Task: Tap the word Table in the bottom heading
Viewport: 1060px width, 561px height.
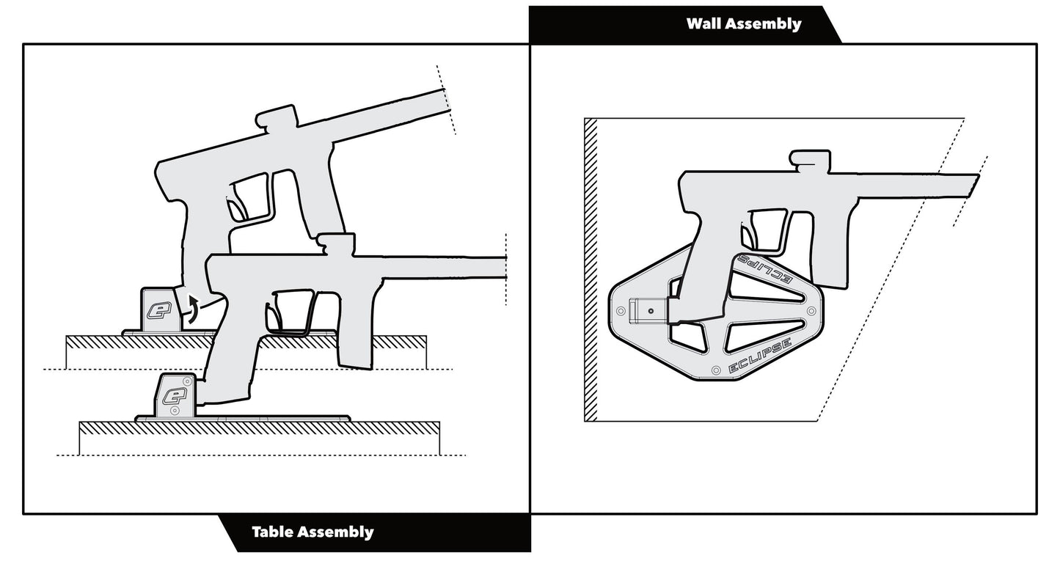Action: [x=273, y=532]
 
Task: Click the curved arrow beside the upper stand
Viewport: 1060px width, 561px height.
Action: [x=191, y=308]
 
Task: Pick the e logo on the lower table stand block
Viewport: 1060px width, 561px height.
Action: [x=174, y=396]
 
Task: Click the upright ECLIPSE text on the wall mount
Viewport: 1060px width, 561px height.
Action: [x=759, y=357]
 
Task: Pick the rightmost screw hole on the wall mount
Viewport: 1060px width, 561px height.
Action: [x=811, y=312]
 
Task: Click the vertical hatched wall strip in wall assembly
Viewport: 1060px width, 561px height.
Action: [x=591, y=269]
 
